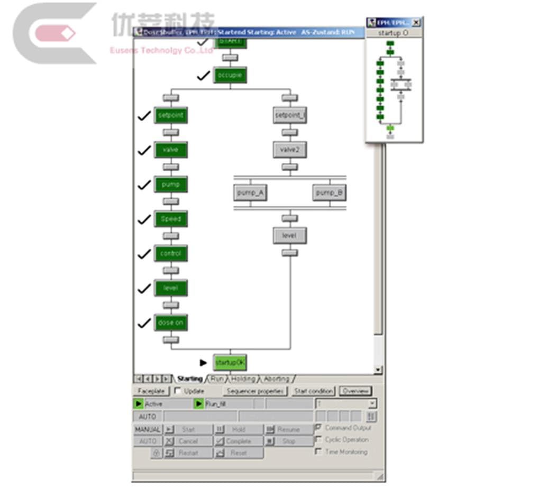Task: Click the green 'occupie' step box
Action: click(230, 76)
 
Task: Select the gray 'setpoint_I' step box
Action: click(289, 115)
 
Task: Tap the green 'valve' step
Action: click(170, 150)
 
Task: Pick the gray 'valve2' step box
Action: click(289, 150)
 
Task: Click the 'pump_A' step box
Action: click(250, 193)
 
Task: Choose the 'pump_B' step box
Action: click(329, 193)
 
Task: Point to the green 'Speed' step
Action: click(170, 219)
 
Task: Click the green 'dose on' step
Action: click(170, 323)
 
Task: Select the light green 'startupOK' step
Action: click(230, 363)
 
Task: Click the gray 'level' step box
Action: click(289, 236)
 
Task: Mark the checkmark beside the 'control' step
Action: click(144, 254)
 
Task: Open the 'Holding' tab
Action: click(243, 379)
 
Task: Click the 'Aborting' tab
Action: click(277, 379)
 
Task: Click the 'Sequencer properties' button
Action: click(255, 391)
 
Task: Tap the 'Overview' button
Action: click(355, 391)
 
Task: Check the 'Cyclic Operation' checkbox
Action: click(318, 439)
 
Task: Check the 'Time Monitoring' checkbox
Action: click(318, 452)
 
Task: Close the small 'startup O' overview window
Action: click(416, 22)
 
